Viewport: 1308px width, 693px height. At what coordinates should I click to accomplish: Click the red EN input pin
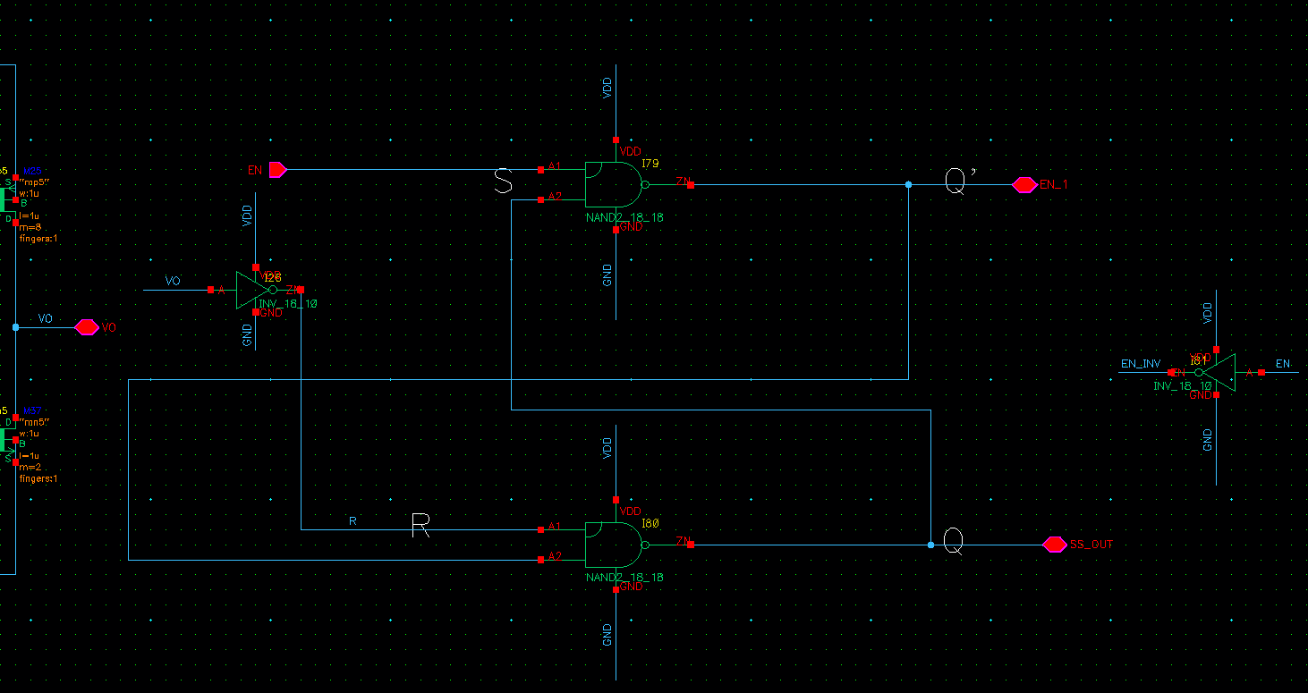tap(277, 169)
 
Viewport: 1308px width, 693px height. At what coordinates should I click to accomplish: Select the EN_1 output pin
tap(1024, 185)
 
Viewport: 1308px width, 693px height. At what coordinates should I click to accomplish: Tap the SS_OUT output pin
tap(1055, 544)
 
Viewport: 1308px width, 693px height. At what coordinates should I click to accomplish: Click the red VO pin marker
tap(86, 327)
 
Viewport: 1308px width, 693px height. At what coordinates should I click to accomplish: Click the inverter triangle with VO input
tap(251, 290)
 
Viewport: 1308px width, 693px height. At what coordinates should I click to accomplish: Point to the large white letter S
tap(504, 182)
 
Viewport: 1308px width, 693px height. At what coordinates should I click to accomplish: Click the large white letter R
tap(420, 526)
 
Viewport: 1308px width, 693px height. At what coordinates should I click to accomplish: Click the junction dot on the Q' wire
tap(908, 185)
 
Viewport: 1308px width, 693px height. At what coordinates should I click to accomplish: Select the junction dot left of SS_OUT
tap(930, 545)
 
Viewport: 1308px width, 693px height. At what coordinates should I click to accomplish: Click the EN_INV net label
tap(1141, 364)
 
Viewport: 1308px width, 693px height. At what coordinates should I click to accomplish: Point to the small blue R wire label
tap(352, 520)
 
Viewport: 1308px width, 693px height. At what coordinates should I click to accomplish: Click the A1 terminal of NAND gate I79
tap(541, 169)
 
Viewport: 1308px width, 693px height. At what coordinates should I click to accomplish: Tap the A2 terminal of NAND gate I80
tap(541, 560)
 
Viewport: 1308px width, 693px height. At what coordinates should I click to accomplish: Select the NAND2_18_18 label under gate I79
tap(624, 217)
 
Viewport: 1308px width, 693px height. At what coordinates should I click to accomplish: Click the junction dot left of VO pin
tap(15, 327)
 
